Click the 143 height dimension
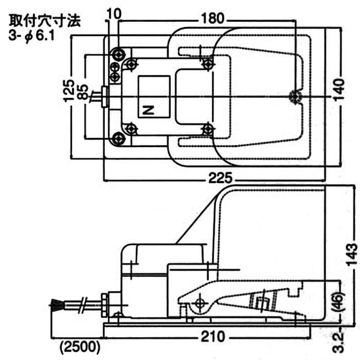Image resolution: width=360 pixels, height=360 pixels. pos(352,254)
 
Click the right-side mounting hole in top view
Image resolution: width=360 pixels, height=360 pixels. pos(295,96)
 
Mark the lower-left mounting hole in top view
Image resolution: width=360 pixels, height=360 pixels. pos(118,137)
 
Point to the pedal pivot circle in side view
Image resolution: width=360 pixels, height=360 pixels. pos(198,304)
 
